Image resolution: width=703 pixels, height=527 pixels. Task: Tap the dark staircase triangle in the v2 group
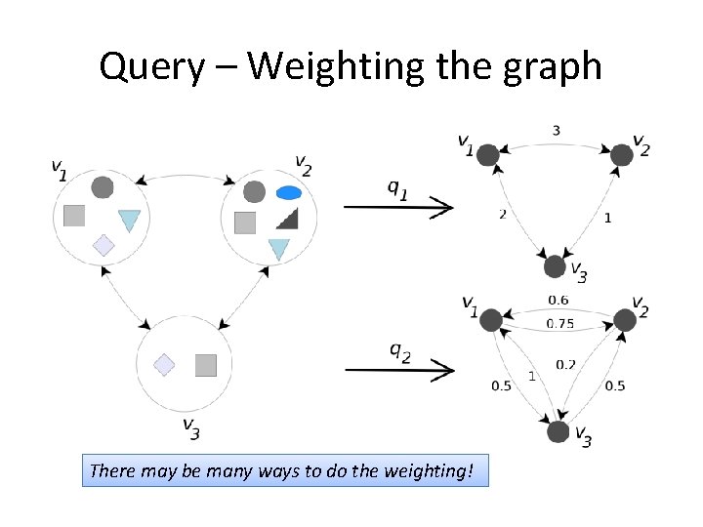click(x=286, y=218)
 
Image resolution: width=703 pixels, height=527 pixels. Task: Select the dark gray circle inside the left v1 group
click(x=102, y=187)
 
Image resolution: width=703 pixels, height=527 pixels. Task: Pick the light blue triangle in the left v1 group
click(x=129, y=221)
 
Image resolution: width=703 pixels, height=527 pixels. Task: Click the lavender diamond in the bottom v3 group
click(x=164, y=365)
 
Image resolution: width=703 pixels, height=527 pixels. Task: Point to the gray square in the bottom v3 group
click(x=205, y=365)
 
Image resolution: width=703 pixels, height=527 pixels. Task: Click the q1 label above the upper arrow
click(x=396, y=190)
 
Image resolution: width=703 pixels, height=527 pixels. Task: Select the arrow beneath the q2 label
click(x=399, y=371)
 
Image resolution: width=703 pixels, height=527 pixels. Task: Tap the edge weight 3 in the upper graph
click(x=556, y=131)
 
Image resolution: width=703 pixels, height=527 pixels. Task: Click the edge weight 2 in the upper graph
click(x=502, y=214)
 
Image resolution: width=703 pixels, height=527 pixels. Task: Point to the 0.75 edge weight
click(x=559, y=324)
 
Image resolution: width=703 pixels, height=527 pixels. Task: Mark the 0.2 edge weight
click(x=565, y=364)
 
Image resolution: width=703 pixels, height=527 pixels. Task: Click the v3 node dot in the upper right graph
click(x=555, y=265)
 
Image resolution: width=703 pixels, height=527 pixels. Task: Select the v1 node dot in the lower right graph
click(x=491, y=319)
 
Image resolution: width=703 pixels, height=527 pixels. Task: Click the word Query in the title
click(x=150, y=66)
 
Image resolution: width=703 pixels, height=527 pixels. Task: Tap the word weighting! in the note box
click(x=430, y=471)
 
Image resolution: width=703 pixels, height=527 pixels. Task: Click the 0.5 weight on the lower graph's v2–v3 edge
click(x=615, y=385)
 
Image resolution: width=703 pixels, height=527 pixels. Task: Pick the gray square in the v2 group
click(x=245, y=223)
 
